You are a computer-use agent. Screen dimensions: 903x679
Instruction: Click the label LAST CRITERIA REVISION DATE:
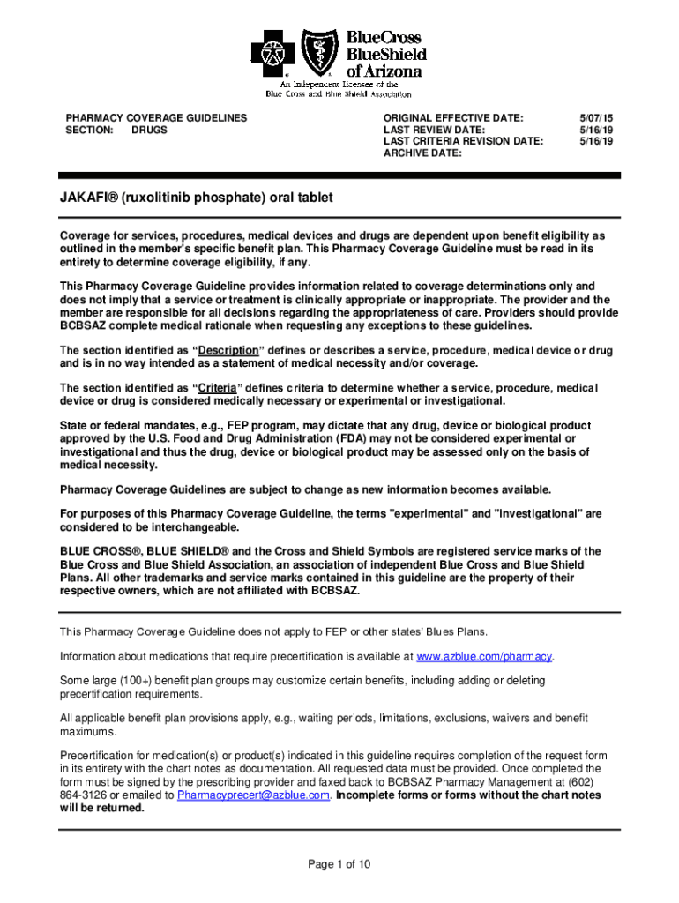coord(463,141)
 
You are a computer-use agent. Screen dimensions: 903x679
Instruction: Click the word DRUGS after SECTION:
coord(149,130)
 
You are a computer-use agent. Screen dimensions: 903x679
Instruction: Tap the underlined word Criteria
coord(220,388)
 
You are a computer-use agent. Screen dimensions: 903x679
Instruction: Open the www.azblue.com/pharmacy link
coord(484,657)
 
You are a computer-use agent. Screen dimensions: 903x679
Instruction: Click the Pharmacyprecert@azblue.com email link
coord(254,795)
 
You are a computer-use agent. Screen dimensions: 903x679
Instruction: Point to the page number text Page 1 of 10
coord(339,864)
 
